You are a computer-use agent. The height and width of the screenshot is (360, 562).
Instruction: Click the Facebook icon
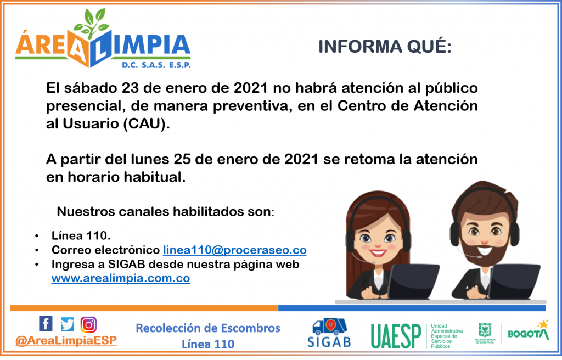(x=46, y=323)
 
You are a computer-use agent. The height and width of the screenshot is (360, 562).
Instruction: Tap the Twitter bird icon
(x=67, y=324)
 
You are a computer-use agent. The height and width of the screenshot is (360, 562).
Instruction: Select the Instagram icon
(x=88, y=324)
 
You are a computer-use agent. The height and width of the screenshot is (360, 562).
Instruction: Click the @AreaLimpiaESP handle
(x=66, y=340)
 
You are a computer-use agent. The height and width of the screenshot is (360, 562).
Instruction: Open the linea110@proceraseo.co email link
(x=235, y=250)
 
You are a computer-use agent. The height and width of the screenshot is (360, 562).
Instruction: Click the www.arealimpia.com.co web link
(x=120, y=278)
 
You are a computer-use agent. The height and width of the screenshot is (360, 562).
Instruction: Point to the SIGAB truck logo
(x=329, y=333)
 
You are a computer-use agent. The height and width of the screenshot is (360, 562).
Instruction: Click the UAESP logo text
(x=396, y=336)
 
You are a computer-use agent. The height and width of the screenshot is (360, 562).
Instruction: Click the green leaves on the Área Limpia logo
(x=92, y=23)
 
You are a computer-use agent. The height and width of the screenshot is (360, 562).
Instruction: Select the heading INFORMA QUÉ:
(x=385, y=47)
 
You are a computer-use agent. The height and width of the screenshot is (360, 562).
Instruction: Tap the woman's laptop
(x=414, y=281)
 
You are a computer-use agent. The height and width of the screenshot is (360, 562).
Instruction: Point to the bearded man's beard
(x=485, y=250)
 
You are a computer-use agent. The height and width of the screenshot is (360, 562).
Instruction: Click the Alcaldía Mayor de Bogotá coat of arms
(x=485, y=329)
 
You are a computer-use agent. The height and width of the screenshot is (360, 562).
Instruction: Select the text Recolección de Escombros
(x=208, y=328)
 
